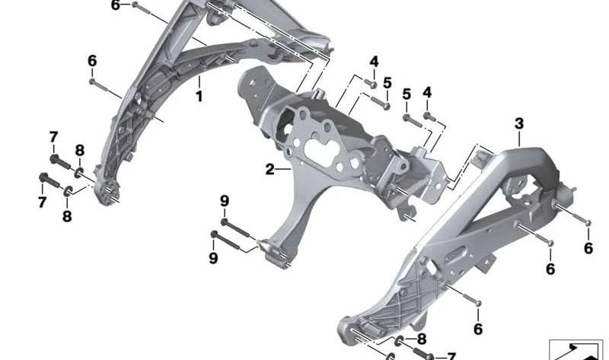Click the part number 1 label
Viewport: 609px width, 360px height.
pos(199,97)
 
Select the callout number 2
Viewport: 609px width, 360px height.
pos(270,170)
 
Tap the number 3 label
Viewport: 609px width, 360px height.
pos(519,123)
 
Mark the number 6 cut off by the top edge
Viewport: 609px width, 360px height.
pos(116,5)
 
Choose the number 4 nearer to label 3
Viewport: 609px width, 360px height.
pos(427,92)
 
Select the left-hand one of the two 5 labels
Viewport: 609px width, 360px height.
pos(387,82)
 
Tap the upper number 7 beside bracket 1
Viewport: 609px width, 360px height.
pos(53,137)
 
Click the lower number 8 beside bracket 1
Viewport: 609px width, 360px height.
pos(67,216)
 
